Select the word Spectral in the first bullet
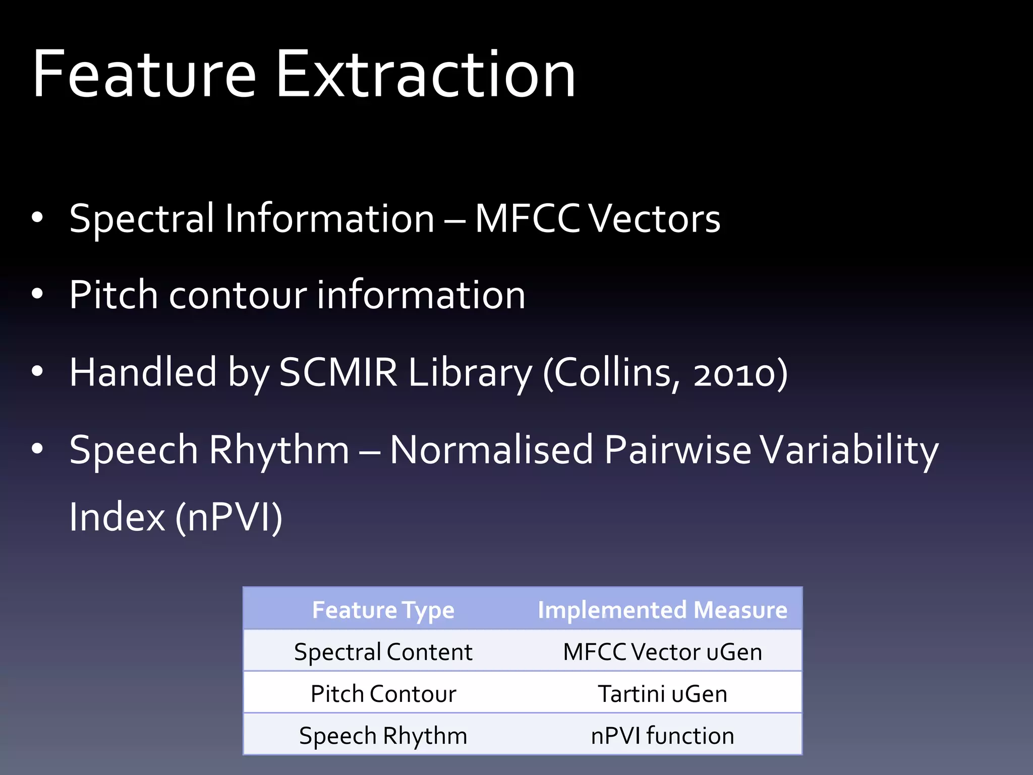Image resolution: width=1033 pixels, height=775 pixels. tap(142, 218)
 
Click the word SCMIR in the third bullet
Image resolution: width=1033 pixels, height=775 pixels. tap(338, 372)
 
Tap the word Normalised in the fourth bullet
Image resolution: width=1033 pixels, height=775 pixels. tap(491, 450)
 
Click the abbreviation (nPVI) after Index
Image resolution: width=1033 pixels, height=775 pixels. tap(228, 517)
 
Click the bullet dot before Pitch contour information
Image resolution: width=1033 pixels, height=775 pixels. tap(37, 294)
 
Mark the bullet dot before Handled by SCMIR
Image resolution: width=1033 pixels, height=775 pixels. tap(37, 371)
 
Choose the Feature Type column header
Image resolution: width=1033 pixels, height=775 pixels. tap(383, 610)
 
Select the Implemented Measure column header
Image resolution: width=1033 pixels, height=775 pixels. tap(662, 610)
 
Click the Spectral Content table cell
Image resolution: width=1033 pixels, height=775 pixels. tap(383, 651)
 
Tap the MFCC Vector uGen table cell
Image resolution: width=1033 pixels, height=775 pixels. tap(662, 651)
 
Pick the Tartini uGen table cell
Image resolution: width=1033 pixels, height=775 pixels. tap(662, 693)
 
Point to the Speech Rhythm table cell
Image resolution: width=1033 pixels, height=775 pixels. tap(383, 735)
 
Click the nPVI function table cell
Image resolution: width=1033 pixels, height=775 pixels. tap(662, 735)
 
